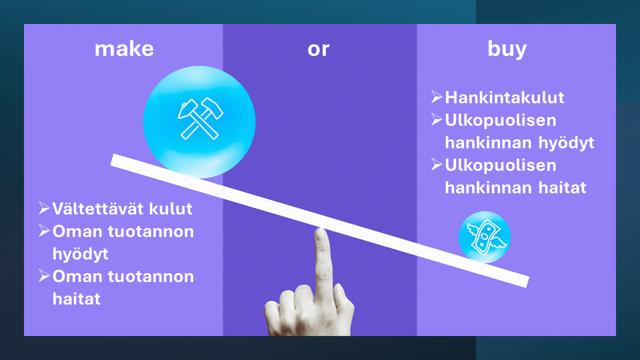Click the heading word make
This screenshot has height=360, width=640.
coord(124,49)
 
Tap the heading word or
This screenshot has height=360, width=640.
coord(318,49)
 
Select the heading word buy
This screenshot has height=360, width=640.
coord(507,49)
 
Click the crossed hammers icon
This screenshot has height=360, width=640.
coord(200,118)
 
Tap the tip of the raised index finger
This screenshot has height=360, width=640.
coord(320,228)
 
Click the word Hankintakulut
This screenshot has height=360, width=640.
coord(504,97)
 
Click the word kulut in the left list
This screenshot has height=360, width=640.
coord(170,208)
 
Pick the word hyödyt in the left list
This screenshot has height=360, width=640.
coord(80,254)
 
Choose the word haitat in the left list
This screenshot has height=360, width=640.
coord(76,299)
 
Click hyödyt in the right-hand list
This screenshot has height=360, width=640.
coord(566,143)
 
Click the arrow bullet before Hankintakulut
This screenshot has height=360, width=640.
coord(436,96)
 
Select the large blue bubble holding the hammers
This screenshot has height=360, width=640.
coord(199,122)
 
